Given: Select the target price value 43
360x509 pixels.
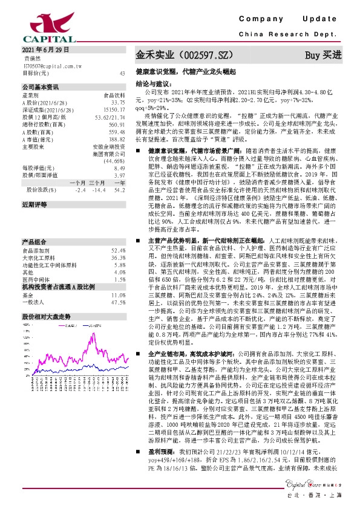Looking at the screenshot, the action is [x=123, y=73].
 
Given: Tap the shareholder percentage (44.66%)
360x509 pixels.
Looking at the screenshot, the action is [x=114, y=161].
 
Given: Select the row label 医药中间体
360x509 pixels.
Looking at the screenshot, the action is [x=36, y=263].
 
